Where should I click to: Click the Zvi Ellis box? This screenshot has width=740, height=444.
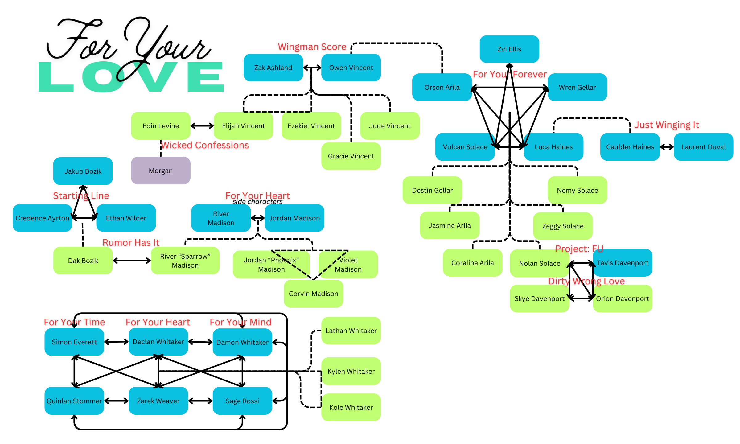pos(509,49)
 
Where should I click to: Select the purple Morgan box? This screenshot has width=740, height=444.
pos(161,171)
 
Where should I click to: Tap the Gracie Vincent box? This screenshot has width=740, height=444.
pos(351,156)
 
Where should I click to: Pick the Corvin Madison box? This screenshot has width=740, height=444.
pos(313,294)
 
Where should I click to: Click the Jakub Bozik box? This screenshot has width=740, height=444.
pos(83,171)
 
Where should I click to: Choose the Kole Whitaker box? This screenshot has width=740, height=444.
pos(351,407)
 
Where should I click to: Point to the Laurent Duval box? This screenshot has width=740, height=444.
pos(703,147)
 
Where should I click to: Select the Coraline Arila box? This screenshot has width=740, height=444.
pos(472,263)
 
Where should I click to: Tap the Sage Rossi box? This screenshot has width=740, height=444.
pos(242,401)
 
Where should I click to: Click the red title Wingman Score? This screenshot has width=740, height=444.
pos(312,47)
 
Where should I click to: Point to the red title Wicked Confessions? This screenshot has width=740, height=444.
pos(205,145)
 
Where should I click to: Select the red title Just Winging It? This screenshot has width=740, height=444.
pos(667,125)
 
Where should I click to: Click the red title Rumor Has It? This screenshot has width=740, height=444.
pos(131,242)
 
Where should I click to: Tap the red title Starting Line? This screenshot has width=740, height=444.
pos(81,195)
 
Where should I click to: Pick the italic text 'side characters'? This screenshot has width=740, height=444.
pos(257,202)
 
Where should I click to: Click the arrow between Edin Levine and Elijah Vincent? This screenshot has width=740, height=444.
pos(202,126)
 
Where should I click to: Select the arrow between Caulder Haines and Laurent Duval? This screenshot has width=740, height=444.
pos(667,147)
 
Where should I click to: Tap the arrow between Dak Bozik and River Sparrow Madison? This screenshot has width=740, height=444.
pos(132,261)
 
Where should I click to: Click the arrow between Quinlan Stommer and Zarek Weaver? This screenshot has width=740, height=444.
pos(116,401)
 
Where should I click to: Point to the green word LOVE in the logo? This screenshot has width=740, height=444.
pos(131,77)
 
